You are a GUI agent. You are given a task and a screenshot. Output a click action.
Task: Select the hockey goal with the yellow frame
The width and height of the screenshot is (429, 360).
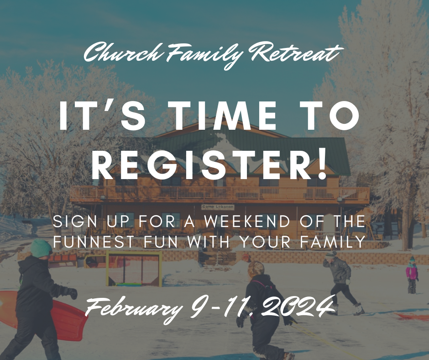point(133,269)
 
